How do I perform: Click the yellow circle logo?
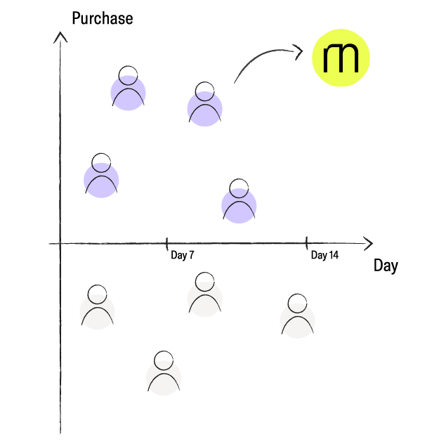point(341,58)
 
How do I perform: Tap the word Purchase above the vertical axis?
point(102,18)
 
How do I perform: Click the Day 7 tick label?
point(183,256)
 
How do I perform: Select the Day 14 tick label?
point(324,256)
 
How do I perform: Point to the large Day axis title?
point(386,266)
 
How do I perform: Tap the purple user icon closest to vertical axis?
point(101,177)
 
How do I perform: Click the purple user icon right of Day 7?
point(239,203)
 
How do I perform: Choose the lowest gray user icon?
point(164,375)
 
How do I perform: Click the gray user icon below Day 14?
point(297,318)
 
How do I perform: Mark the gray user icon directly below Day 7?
point(204,297)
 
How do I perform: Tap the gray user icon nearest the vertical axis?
point(98,308)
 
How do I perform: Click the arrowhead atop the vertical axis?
point(60,35)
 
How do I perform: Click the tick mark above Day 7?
point(167,243)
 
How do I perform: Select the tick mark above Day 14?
point(307,243)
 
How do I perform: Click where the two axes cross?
point(60,244)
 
